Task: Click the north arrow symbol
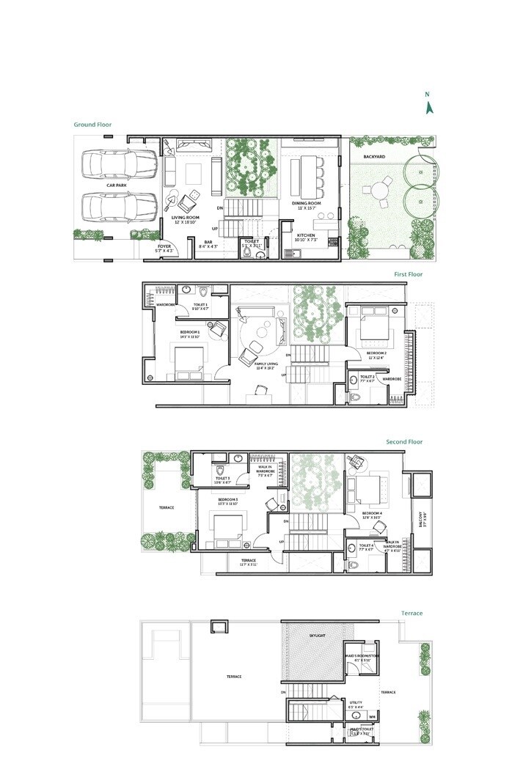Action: click(x=431, y=106)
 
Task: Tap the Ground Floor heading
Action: click(x=92, y=125)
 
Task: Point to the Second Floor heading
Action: click(x=404, y=442)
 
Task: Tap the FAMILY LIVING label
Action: click(x=265, y=367)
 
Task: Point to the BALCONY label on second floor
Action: click(x=422, y=519)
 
